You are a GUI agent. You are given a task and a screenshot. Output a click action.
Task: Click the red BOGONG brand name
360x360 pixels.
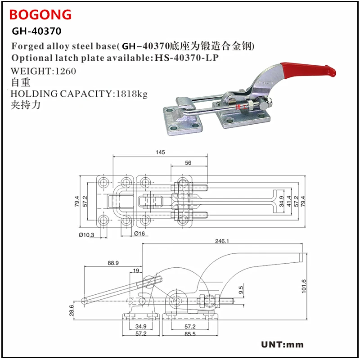40,14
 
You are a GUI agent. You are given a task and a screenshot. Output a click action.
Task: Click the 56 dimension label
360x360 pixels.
189,163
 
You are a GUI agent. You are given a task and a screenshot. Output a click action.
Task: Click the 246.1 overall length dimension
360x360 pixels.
222,241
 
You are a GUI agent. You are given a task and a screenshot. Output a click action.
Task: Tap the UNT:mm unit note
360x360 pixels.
283,345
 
